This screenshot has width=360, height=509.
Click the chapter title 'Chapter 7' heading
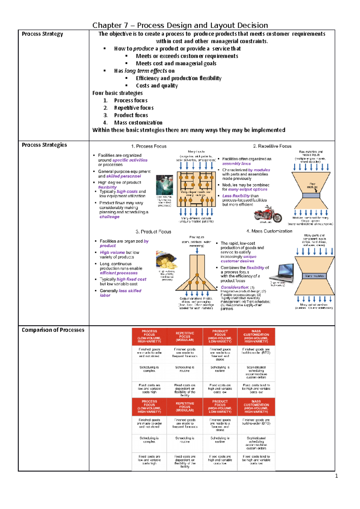point(180,25)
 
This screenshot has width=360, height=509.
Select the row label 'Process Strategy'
point(42,34)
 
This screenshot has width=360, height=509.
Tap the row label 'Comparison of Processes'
point(53,330)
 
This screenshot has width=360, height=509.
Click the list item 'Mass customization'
point(138,123)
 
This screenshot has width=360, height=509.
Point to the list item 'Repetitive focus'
point(134,108)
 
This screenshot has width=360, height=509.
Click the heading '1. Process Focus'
point(149,146)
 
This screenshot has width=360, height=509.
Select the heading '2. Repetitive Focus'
point(272,146)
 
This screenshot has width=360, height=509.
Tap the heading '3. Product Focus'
point(153,232)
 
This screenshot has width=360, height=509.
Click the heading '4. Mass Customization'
point(269,231)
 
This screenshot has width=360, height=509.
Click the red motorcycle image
point(268,214)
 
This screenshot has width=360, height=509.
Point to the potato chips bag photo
point(166,260)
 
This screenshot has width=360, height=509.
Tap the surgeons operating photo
point(164,185)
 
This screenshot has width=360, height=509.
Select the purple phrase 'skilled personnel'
point(123,176)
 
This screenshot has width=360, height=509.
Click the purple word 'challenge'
point(109,217)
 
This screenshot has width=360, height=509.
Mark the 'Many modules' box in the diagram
point(314,276)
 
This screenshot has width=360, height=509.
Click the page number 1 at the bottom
point(336,476)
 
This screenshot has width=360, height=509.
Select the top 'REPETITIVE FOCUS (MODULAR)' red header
point(185,337)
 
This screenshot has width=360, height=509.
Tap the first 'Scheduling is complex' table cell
point(149,369)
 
